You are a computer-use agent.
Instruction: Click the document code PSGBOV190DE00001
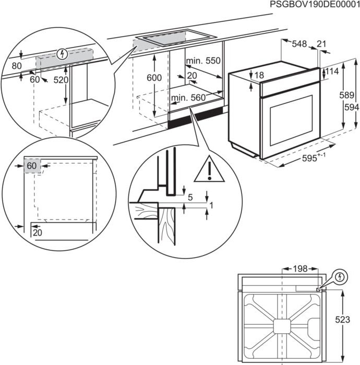click(315, 5)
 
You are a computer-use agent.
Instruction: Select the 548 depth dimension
click(299, 45)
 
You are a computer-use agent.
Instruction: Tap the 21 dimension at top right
click(321, 45)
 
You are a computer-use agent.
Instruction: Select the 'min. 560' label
click(188, 98)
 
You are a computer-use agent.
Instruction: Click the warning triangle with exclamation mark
click(209, 169)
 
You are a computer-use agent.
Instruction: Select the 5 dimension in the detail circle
click(191, 197)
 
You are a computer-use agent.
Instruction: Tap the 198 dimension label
click(299, 269)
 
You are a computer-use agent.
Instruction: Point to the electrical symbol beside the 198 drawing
click(339, 276)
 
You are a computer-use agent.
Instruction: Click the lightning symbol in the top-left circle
click(63, 53)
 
